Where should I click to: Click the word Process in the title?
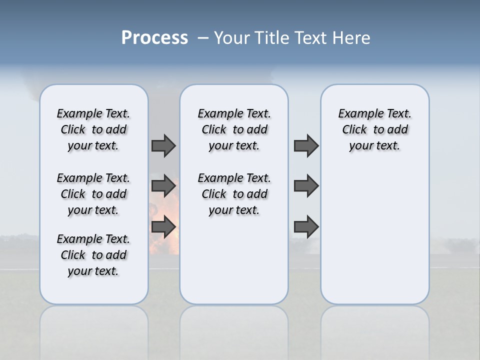click(154, 38)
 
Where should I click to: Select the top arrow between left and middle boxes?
click(163, 145)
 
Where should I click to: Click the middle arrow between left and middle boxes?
click(163, 186)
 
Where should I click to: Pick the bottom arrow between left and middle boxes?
click(163, 227)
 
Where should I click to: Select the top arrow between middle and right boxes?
click(306, 145)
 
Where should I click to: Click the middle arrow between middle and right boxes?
click(306, 186)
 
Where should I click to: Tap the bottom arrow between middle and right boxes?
click(306, 227)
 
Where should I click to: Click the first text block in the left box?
click(93, 129)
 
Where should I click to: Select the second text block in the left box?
click(93, 194)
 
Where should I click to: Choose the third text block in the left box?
click(93, 255)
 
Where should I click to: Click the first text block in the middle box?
click(234, 129)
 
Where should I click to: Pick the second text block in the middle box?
click(234, 194)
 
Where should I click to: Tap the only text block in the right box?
click(374, 129)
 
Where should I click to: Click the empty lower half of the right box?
click(374, 240)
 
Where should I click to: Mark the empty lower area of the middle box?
click(234, 260)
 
